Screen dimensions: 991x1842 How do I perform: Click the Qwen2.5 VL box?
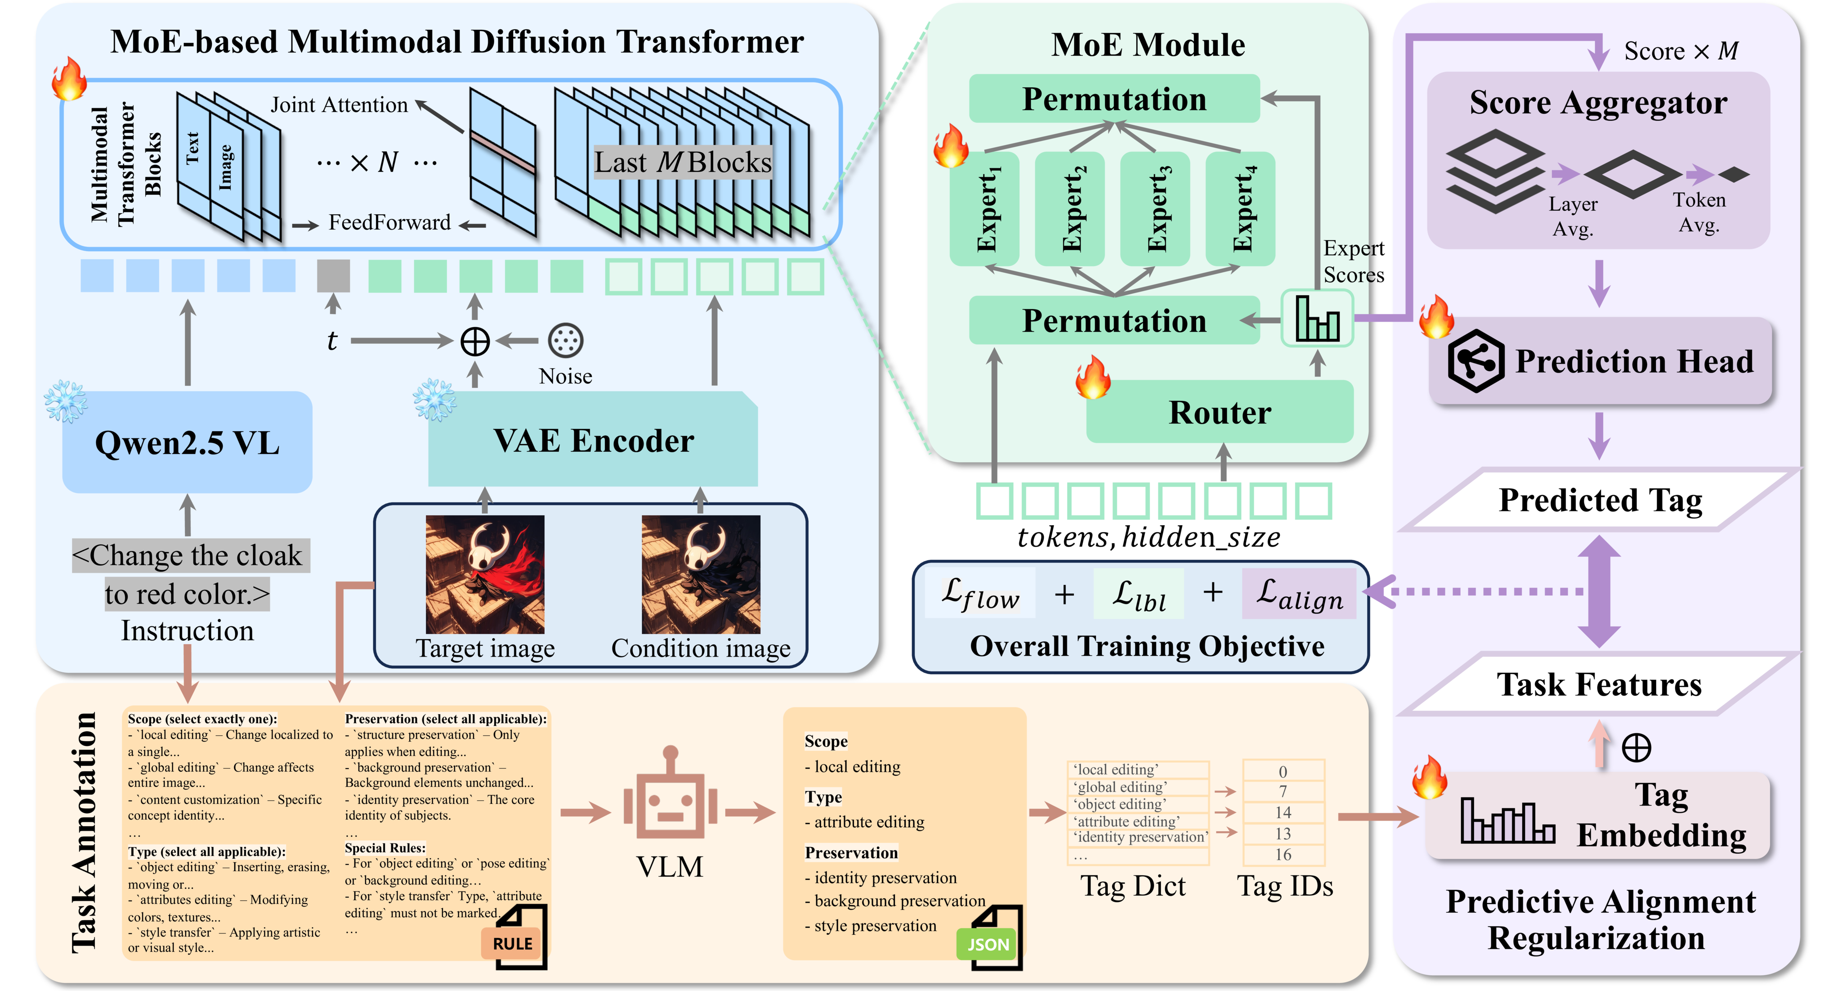point(188,442)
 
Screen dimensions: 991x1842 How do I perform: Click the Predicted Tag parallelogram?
point(1601,500)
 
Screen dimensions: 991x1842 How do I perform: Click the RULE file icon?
point(515,938)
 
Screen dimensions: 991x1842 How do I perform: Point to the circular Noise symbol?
point(566,341)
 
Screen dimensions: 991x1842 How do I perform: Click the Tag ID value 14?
point(1283,812)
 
